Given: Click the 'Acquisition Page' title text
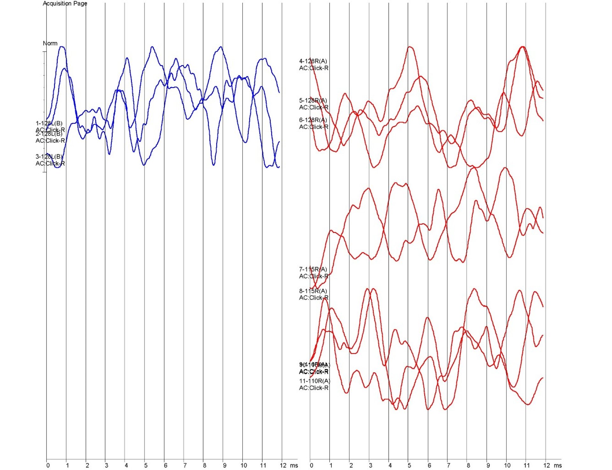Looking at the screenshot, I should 65,4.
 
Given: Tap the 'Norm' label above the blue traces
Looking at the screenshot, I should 50,43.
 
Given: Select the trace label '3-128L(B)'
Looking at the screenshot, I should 49,157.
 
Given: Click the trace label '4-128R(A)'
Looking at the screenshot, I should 313,61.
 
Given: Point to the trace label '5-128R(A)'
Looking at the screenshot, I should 313,101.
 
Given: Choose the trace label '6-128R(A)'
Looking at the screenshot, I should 313,120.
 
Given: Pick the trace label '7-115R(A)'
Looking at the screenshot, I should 313,270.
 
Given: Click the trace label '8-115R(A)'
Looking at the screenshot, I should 313,291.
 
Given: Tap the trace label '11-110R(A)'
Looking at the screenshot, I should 315,381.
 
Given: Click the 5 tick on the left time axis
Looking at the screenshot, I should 146,466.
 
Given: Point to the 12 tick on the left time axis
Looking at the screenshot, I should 283,466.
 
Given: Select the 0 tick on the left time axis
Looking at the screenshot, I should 48,466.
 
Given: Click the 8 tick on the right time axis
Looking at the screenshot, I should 468,466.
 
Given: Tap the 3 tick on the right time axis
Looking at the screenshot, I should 370,466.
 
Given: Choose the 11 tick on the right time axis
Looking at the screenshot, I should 527,466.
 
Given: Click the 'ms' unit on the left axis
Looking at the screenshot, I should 294,466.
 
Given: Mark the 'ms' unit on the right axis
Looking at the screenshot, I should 557,466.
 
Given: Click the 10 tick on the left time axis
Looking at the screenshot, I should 244,466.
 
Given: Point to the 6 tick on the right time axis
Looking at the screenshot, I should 429,466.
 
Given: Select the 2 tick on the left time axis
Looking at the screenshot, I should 87,466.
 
